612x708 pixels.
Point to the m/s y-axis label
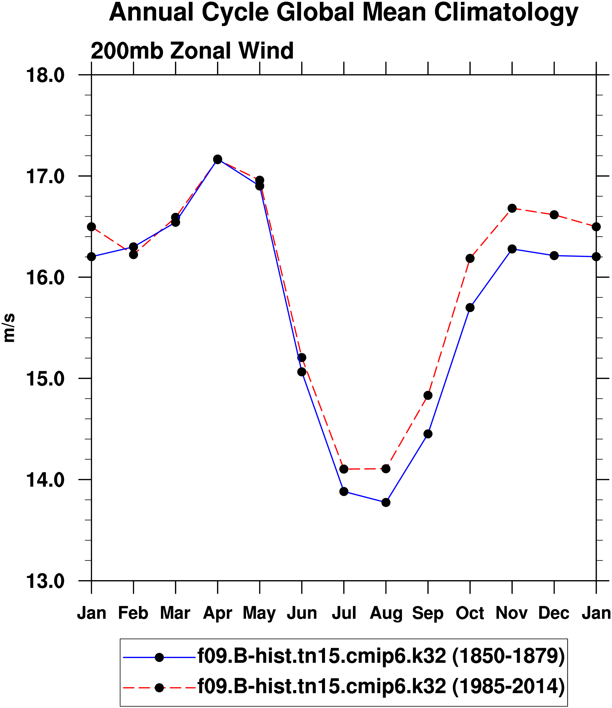coord(9,328)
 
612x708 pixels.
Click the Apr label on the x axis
coord(218,613)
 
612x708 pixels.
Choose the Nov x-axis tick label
coord(512,613)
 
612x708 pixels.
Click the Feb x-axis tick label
coord(133,613)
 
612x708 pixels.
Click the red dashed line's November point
coord(512,208)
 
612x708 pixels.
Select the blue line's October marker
coord(470,308)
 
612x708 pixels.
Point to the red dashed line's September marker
coord(428,395)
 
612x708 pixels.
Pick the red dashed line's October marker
coord(470,258)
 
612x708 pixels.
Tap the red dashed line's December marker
coord(554,214)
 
